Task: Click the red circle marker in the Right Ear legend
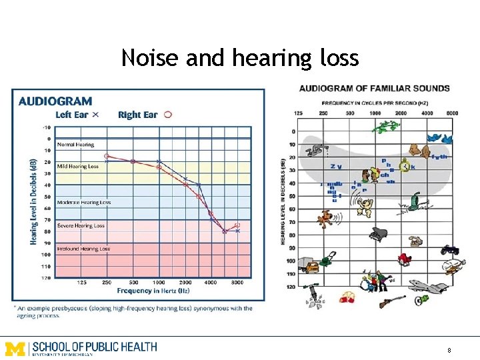(x=168, y=115)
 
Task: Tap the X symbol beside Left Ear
(x=95, y=115)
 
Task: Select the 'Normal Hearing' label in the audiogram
(x=75, y=144)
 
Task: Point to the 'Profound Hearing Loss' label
(x=83, y=249)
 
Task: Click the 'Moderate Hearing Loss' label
(x=84, y=202)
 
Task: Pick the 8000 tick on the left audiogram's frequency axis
(x=237, y=283)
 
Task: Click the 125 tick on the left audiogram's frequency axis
(x=81, y=283)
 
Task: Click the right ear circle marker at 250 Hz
(x=107, y=156)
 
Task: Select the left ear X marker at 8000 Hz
(x=237, y=231)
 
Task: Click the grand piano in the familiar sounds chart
(x=379, y=233)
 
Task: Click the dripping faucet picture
(x=319, y=148)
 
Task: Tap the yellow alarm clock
(x=404, y=166)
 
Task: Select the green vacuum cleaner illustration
(x=415, y=200)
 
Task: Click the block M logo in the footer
(x=15, y=348)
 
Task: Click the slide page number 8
(x=449, y=350)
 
